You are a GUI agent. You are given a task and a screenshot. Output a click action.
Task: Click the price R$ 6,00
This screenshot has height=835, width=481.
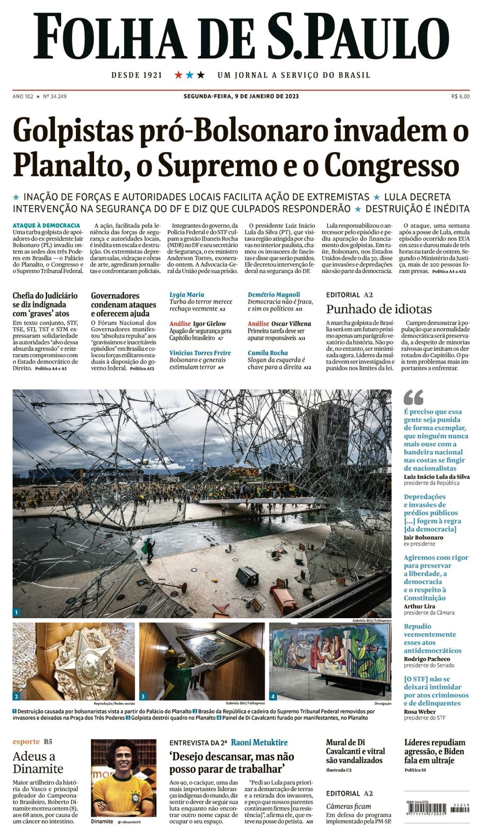[x=460, y=96]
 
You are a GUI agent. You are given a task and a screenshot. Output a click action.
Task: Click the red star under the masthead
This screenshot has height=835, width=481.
[x=179, y=75]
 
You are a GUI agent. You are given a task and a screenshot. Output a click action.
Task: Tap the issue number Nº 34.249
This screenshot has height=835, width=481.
[x=55, y=96]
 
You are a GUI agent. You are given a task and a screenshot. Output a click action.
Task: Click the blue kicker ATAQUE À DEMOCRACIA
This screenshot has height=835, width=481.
[x=46, y=225]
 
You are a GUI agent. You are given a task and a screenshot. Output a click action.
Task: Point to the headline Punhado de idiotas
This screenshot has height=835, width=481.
[x=379, y=309]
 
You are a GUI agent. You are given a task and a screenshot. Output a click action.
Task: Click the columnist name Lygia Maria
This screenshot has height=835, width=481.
[x=187, y=294]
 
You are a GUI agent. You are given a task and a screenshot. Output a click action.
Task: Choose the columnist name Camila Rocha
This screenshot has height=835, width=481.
[x=268, y=353]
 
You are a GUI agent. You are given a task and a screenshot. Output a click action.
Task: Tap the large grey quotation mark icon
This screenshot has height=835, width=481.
[x=413, y=398]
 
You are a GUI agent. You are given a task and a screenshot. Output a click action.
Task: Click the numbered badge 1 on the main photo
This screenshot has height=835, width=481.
[x=17, y=612]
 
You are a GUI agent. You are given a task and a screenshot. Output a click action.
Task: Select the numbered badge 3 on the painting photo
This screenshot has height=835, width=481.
[x=143, y=696]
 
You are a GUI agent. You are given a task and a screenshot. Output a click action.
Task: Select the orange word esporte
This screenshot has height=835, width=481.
[x=26, y=742]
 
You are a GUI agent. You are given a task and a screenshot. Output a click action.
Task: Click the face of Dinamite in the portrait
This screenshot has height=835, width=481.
[x=123, y=759]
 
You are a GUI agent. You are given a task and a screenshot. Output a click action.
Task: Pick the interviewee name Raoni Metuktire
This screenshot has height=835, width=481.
[x=259, y=742]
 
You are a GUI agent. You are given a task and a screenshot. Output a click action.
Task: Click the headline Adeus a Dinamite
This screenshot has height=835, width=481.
[x=38, y=762]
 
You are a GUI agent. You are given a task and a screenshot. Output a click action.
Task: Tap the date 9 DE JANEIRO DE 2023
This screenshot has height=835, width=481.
[x=267, y=96]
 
